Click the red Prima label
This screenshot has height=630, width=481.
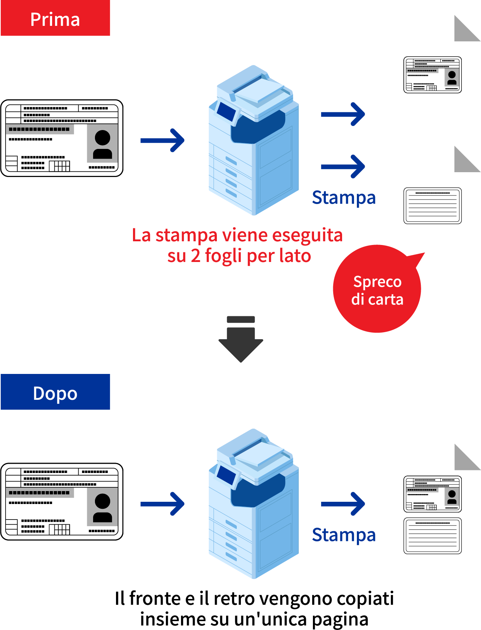[55, 18]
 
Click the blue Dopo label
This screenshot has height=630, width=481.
[55, 392]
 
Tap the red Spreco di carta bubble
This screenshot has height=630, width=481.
[377, 289]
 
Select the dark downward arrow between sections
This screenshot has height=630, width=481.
[241, 339]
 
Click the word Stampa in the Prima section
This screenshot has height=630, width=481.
[344, 198]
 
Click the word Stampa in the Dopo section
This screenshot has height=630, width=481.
[344, 535]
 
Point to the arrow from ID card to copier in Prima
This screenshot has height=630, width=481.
[163, 140]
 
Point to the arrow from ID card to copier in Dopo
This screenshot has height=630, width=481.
[163, 504]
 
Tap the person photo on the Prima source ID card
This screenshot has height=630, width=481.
[102, 143]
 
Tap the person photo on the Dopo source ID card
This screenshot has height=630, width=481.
[102, 507]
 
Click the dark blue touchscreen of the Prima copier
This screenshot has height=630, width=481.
[226, 112]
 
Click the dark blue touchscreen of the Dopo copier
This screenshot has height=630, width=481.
[226, 475]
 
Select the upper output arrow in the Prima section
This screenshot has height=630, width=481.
[343, 114]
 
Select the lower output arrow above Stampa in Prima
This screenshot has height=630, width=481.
[343, 167]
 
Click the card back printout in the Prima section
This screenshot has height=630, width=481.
[433, 206]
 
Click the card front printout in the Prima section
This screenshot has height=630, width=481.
[433, 75]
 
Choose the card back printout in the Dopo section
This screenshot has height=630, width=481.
[433, 536]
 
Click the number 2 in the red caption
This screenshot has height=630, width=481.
[195, 256]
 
